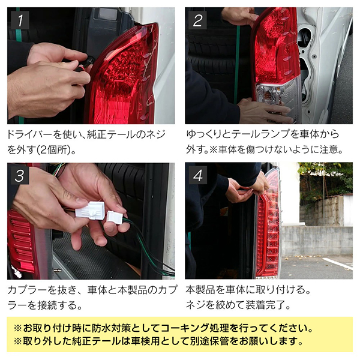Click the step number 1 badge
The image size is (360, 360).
click(20, 20)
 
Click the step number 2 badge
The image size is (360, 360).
click(197, 20)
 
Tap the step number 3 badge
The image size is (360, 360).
click(20, 175)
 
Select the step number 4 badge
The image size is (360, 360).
click(197, 175)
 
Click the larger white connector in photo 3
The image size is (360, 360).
click(90, 211)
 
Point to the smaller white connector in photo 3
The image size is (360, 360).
click(115, 217)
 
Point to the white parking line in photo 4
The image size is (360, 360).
click(337, 263)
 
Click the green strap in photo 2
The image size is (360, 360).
click(237, 64)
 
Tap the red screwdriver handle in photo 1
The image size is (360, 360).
click(82, 67)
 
